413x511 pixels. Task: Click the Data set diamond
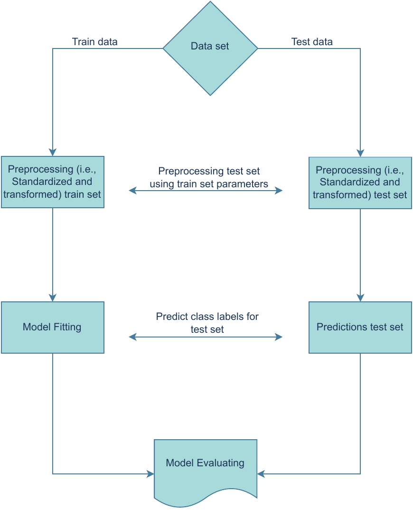(x=210, y=48)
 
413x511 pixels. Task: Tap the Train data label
(x=94, y=42)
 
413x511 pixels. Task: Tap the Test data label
(x=312, y=42)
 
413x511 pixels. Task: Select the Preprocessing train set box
(x=52, y=182)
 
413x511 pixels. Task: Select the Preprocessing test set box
(x=360, y=183)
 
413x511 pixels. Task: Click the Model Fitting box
(x=52, y=327)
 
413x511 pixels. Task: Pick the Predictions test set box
(x=360, y=327)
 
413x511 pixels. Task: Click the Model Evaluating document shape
(x=205, y=468)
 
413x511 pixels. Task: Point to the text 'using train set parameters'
(x=209, y=184)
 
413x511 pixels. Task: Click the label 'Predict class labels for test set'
(x=207, y=322)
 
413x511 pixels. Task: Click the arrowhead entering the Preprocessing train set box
(x=52, y=153)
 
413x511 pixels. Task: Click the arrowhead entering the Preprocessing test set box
(x=360, y=153)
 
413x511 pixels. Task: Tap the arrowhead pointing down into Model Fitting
(x=52, y=298)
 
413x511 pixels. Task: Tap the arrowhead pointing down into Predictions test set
(x=360, y=298)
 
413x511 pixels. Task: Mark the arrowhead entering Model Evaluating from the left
(x=150, y=473)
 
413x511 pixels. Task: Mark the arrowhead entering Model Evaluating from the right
(x=261, y=473)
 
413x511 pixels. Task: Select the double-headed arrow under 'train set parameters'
(x=206, y=191)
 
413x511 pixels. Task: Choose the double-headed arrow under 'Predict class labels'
(x=206, y=337)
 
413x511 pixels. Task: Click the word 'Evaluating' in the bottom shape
(x=222, y=463)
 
